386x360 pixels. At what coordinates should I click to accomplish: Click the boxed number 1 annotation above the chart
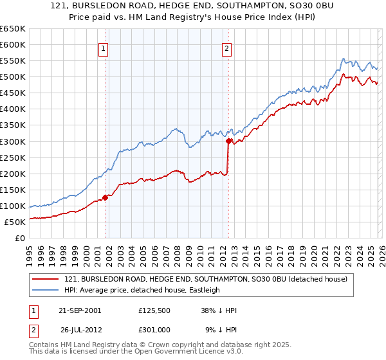(104, 47)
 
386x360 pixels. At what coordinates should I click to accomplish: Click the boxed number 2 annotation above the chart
(227, 47)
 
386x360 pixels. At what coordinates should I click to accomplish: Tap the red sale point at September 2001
(105, 197)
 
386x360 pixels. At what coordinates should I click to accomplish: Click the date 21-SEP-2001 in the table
(79, 310)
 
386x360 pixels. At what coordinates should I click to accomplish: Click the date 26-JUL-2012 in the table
(80, 330)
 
